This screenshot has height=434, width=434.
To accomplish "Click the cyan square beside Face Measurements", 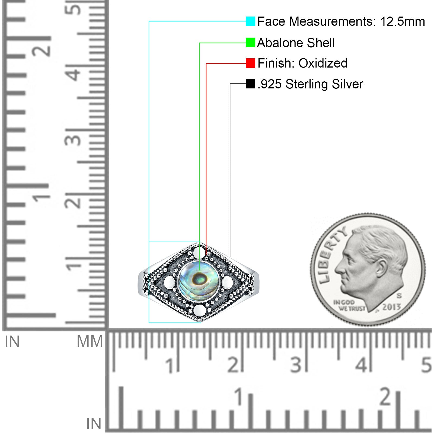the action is (250, 21).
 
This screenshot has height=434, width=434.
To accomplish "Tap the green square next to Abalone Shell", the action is (250, 43).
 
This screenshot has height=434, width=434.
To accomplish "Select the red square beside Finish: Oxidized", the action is (250, 63).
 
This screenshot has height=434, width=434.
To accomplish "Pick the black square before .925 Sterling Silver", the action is (250, 84).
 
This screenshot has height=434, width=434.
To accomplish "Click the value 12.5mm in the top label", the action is (402, 21).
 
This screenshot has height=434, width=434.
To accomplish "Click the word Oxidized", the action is (323, 63).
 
